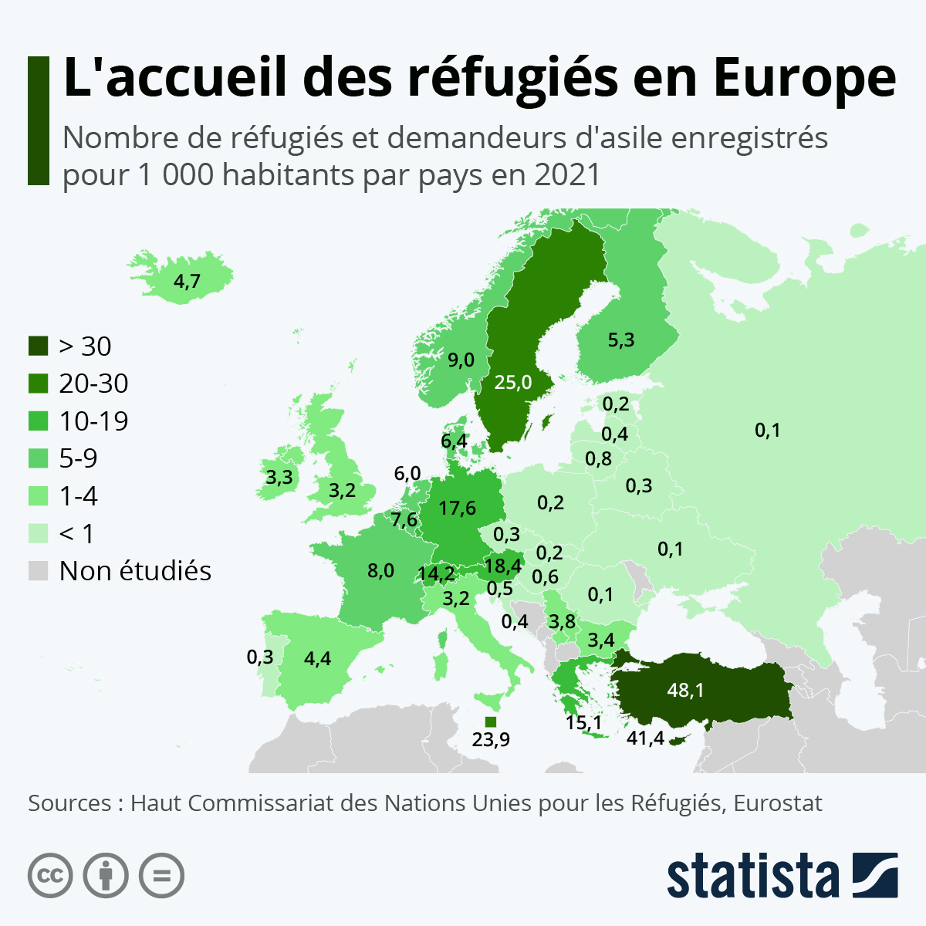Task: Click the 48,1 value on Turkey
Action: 685,689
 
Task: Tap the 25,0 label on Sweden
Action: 513,382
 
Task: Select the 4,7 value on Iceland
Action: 187,282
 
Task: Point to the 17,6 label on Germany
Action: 457,508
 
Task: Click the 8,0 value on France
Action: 380,571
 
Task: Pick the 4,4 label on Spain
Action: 317,658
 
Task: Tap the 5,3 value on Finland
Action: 620,340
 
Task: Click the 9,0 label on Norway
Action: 461,360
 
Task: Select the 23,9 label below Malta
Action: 491,740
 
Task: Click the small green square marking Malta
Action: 490,722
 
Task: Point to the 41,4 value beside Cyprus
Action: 645,738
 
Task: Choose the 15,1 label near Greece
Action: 583,723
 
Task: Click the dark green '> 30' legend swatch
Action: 39,346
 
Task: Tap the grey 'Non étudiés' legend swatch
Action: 39,571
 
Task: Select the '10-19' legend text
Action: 93,421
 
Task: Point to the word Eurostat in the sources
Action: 778,803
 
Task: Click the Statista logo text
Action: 752,876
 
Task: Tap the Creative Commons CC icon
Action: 50,876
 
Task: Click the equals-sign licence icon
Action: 161,876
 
